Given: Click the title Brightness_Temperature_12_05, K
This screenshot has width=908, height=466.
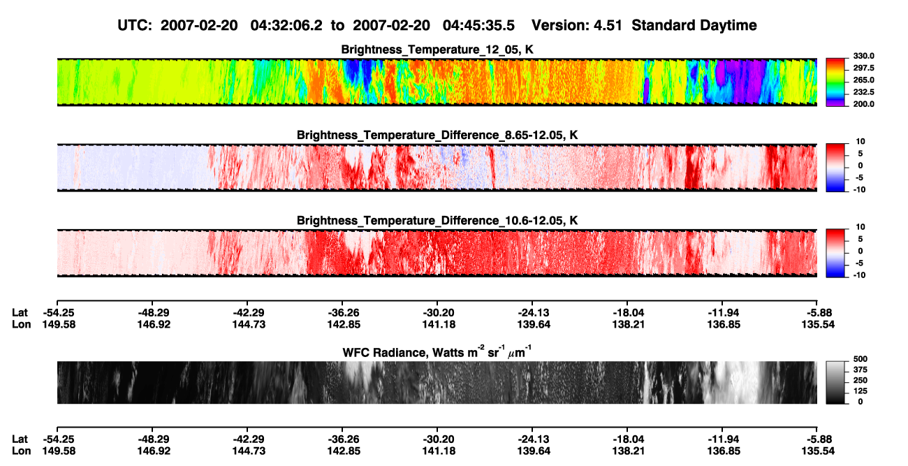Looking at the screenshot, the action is [437, 50].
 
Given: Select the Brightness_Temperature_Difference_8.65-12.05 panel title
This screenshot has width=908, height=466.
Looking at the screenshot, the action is [437, 135].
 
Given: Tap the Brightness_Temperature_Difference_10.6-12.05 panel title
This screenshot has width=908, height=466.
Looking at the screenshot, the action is [437, 221].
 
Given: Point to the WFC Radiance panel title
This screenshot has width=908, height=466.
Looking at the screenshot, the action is [437, 352].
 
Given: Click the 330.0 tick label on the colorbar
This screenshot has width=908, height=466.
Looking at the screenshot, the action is [863, 56].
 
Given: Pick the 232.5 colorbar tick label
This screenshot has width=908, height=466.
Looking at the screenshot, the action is [863, 92].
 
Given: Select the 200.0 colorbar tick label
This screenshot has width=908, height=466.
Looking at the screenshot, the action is [863, 104].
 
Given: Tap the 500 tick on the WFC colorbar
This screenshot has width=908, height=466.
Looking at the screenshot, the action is [861, 359].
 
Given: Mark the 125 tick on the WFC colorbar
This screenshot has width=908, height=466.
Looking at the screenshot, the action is [861, 391].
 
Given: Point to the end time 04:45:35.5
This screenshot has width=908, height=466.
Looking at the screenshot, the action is [478, 26].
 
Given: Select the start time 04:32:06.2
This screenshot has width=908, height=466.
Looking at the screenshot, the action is [286, 26].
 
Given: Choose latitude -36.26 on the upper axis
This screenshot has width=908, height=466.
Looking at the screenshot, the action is [343, 313].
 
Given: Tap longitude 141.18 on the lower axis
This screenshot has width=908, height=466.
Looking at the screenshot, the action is [439, 451].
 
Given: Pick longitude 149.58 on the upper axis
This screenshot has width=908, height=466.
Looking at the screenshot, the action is [59, 324].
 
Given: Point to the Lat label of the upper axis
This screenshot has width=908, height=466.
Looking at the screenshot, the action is [20, 313].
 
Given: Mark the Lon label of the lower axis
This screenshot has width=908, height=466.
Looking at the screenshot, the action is [22, 451].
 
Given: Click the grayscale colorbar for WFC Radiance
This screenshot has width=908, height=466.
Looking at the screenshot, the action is [835, 382].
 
